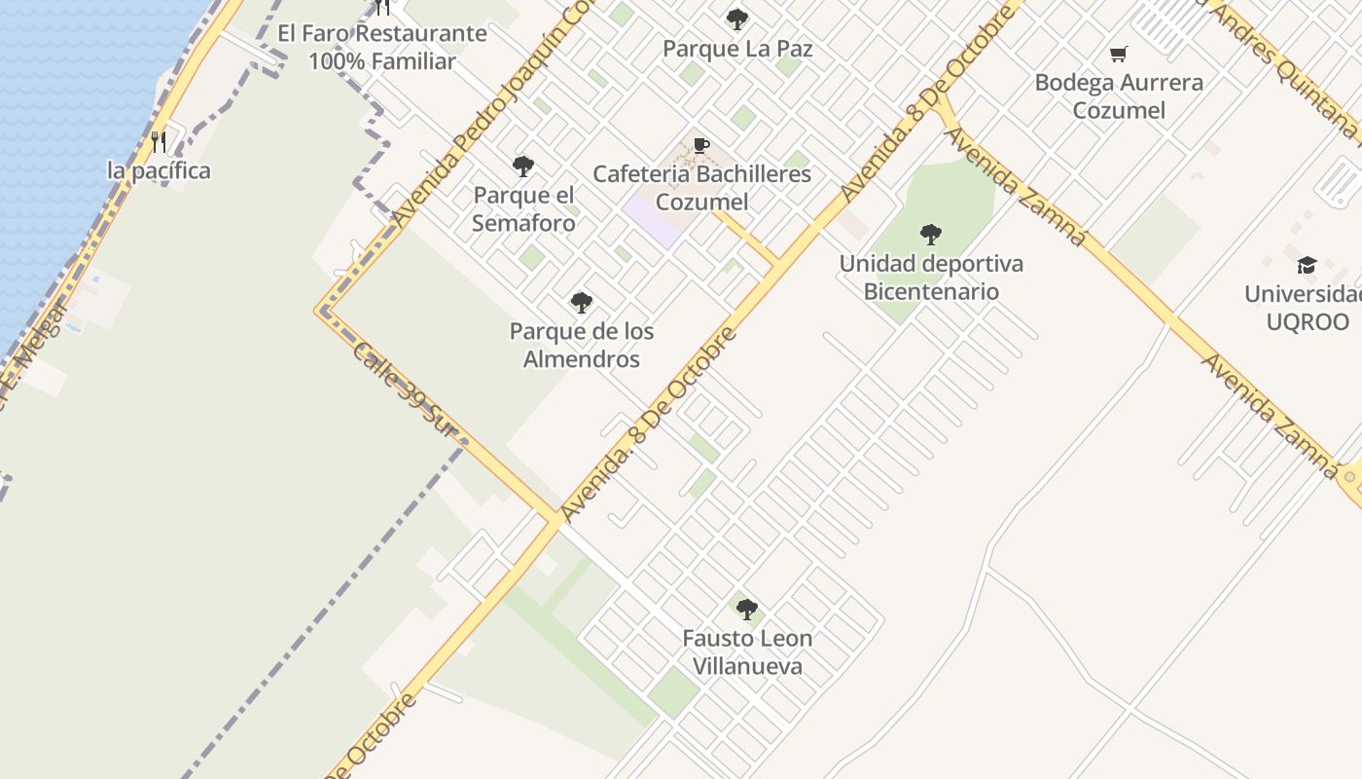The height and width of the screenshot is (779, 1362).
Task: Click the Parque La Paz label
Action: (x=737, y=48)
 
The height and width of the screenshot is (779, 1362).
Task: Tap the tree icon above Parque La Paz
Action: (x=737, y=19)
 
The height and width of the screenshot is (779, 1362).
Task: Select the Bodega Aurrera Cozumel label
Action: (x=1119, y=95)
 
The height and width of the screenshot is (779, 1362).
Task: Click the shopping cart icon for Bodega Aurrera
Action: (x=1119, y=54)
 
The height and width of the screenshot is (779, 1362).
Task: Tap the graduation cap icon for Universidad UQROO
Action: (x=1307, y=265)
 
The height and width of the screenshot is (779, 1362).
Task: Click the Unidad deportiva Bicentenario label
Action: (x=931, y=278)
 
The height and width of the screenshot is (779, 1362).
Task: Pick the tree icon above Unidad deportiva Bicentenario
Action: (x=931, y=234)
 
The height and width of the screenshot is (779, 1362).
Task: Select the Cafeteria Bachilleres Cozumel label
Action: (x=701, y=188)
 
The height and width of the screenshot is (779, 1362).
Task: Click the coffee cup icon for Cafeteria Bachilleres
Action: (x=701, y=146)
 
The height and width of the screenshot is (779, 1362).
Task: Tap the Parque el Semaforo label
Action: (x=523, y=209)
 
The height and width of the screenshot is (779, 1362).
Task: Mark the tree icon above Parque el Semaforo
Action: (x=523, y=167)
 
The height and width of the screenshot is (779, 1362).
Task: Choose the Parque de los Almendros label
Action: (x=582, y=345)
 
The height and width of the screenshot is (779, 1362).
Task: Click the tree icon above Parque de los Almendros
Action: (x=582, y=303)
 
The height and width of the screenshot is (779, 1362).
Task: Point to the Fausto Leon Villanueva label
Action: (x=747, y=652)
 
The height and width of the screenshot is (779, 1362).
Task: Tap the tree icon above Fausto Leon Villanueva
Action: (x=747, y=610)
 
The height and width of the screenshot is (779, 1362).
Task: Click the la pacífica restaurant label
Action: (x=159, y=170)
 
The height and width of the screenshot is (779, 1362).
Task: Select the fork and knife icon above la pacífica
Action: (x=159, y=142)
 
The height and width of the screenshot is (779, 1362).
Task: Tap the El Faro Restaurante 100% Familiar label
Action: (x=382, y=47)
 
